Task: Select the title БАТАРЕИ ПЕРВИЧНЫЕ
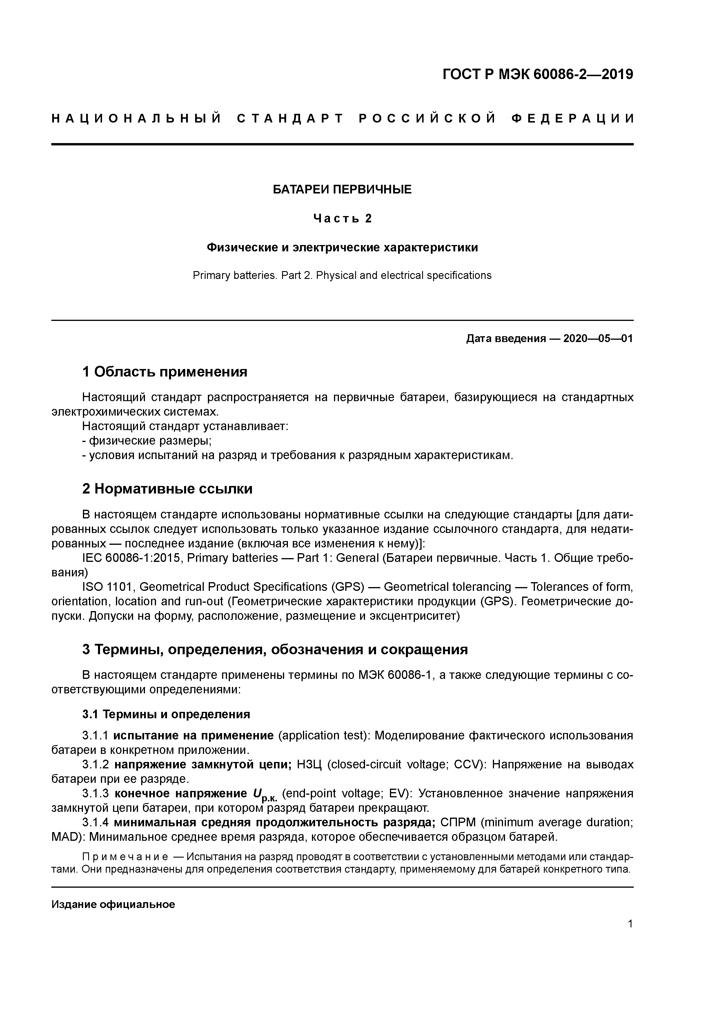pos(342,190)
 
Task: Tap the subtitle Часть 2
pos(342,219)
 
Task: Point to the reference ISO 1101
pos(109,587)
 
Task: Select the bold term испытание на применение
pos(194,735)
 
